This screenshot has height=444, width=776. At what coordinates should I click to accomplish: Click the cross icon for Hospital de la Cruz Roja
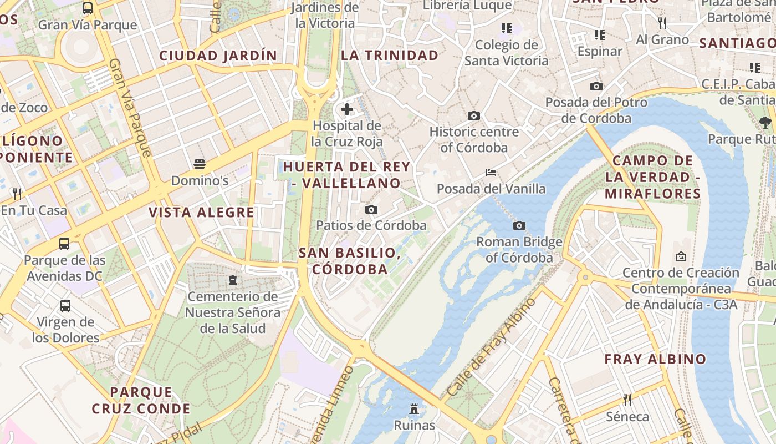[347, 109]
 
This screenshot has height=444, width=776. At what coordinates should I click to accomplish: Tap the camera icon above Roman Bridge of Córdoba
[519, 225]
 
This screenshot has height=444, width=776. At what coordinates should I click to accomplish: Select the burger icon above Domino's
[200, 164]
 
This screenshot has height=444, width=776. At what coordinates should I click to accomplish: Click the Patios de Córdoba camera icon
[371, 209]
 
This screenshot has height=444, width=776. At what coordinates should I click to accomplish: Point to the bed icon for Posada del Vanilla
[491, 173]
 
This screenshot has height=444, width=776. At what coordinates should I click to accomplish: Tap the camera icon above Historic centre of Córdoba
[473, 115]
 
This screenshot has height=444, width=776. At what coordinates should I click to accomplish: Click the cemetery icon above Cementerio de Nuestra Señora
[233, 280]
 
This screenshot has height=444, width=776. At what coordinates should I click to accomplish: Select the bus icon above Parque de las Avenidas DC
[64, 244]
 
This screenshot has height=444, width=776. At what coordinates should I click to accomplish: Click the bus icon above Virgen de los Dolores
[65, 305]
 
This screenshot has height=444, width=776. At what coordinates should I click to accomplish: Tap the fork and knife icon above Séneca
[627, 400]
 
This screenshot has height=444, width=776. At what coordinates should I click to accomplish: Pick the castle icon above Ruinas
[414, 410]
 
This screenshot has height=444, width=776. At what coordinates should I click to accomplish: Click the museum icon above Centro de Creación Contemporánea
[681, 256]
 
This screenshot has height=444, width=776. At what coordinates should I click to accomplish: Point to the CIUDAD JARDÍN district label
[218, 56]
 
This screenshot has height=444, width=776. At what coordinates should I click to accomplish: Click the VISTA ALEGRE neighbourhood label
[201, 212]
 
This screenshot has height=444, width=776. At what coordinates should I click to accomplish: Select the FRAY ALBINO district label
[655, 359]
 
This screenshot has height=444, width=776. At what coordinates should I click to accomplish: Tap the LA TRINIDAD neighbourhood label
[390, 56]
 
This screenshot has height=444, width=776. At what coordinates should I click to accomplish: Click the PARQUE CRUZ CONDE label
[141, 401]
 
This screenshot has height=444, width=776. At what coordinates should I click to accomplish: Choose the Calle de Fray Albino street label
[491, 347]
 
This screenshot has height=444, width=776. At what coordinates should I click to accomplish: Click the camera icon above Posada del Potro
[596, 86]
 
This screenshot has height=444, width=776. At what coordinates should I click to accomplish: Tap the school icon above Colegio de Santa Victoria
[506, 28]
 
